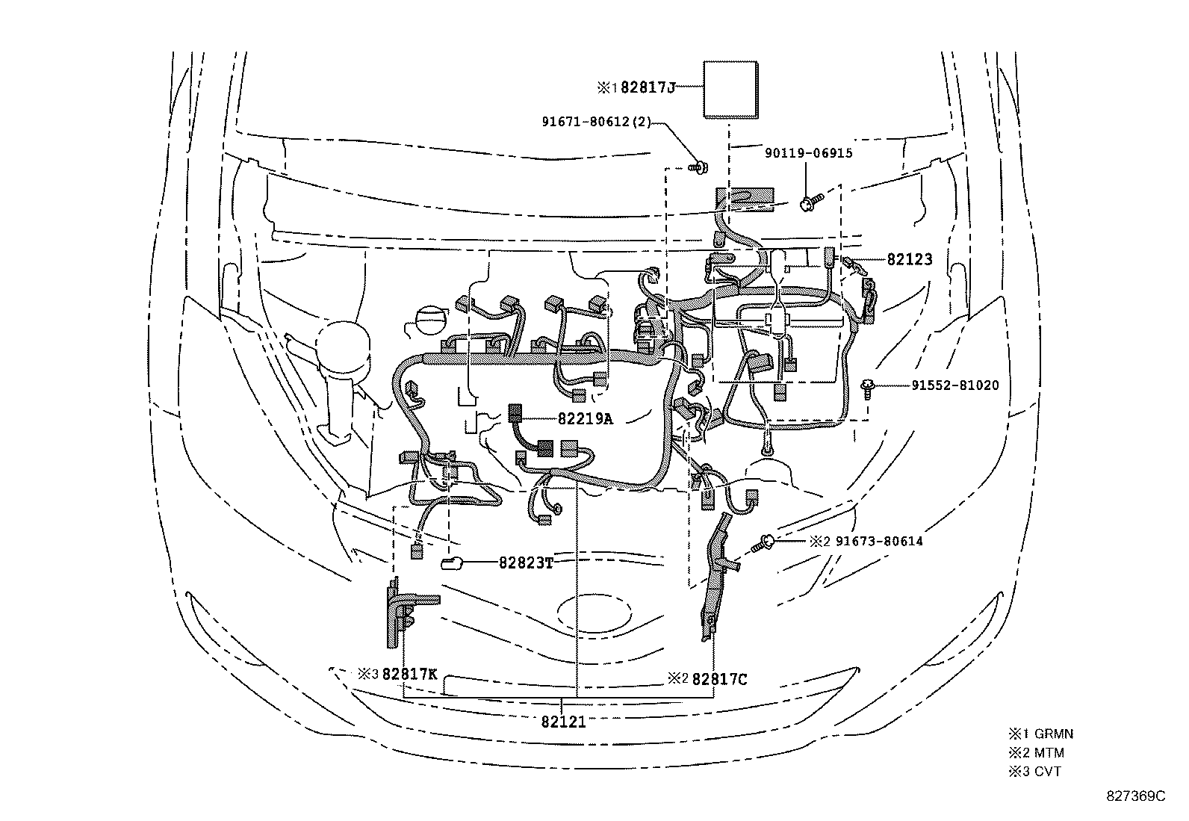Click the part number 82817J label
(x=648, y=87)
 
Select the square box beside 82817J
(x=730, y=90)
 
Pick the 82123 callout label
(x=910, y=259)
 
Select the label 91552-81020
(x=954, y=385)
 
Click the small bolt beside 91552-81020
(x=868, y=388)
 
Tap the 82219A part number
(x=585, y=418)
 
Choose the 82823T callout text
(x=526, y=563)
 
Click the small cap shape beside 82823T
(x=453, y=563)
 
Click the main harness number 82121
(x=563, y=722)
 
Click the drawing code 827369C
(x=1135, y=796)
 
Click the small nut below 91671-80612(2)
(x=698, y=169)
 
